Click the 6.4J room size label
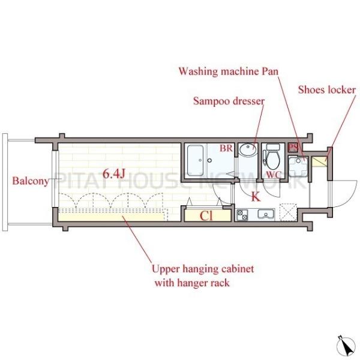[x=113, y=173]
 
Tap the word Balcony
[x=31, y=181]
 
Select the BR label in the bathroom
[x=226, y=148]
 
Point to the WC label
[x=274, y=175]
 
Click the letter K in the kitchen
[x=256, y=197]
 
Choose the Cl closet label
[x=206, y=215]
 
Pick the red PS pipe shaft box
[x=293, y=147]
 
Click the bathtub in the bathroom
[x=196, y=160]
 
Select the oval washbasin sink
[x=248, y=149]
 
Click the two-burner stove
[x=242, y=215]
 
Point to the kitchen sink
[x=266, y=214]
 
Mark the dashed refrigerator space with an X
[x=289, y=212]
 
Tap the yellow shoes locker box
[x=319, y=161]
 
